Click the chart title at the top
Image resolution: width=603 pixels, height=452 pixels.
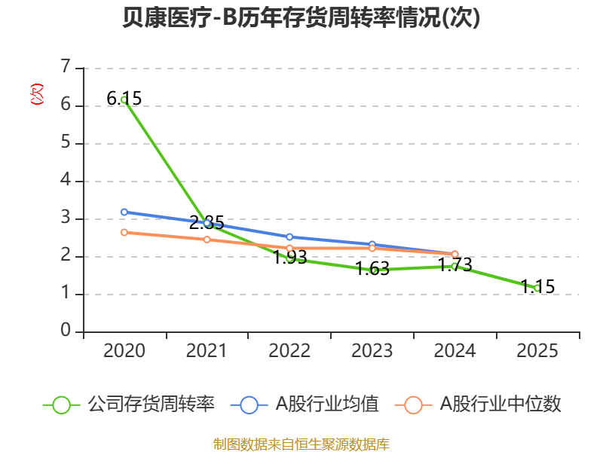click(301, 17)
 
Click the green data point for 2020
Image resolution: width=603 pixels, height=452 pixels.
click(124, 100)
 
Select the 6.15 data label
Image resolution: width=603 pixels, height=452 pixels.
click(124, 99)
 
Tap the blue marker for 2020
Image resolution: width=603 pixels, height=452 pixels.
click(124, 212)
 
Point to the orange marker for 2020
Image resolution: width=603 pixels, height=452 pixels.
click(124, 233)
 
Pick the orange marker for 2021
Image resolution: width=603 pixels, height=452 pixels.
click(207, 240)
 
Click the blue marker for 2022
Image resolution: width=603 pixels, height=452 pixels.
click(289, 237)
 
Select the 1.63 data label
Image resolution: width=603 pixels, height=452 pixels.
click(372, 268)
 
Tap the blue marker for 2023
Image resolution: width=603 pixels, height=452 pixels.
click(372, 244)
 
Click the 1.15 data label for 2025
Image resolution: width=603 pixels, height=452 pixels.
click(537, 286)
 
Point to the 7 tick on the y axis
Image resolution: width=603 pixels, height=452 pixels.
click(66, 67)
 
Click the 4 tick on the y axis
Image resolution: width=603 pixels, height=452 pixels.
click(66, 180)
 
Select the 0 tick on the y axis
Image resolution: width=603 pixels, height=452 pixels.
click(66, 331)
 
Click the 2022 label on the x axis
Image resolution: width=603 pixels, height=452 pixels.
click(289, 351)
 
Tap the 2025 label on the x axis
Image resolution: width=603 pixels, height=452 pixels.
click(537, 351)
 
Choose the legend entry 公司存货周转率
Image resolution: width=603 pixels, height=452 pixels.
click(129, 405)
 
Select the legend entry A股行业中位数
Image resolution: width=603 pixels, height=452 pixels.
click(478, 405)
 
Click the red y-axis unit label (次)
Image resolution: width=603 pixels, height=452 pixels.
click(37, 94)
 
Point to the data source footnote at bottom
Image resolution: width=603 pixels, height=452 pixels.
click(301, 444)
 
